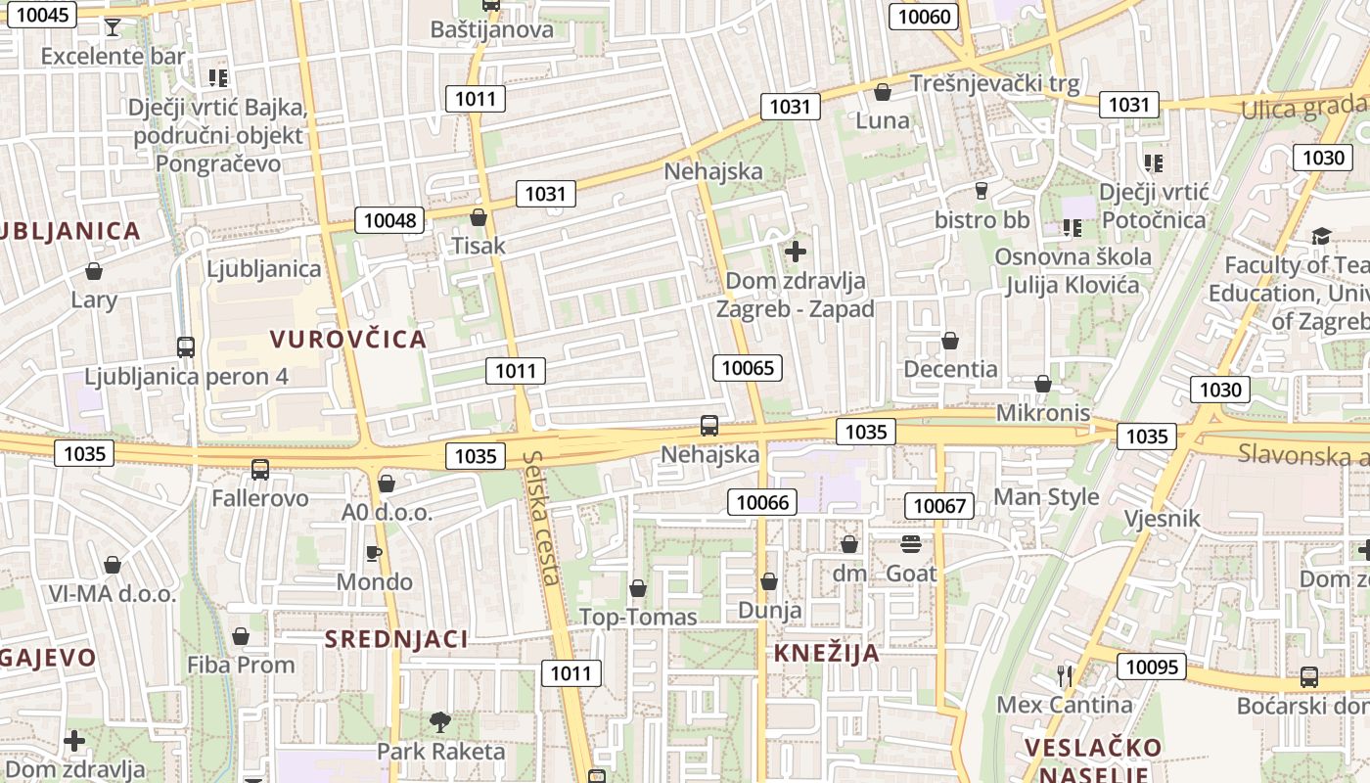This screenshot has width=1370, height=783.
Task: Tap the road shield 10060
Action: click(924, 16)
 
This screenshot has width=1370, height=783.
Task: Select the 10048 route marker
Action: click(389, 220)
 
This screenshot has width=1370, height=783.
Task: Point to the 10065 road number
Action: click(749, 368)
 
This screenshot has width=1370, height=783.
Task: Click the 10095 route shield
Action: click(1152, 667)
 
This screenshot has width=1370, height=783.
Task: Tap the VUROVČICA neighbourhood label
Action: click(348, 340)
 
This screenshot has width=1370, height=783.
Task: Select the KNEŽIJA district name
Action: click(827, 654)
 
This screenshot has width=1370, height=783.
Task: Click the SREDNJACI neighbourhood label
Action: click(396, 640)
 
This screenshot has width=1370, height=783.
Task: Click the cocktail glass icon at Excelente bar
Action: click(113, 26)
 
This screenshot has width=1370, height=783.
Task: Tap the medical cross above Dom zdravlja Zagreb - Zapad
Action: click(796, 252)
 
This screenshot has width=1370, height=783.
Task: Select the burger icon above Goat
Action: click(911, 543)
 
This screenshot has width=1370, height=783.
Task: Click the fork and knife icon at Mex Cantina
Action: click(1065, 675)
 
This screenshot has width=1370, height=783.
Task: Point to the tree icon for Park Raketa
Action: click(440, 722)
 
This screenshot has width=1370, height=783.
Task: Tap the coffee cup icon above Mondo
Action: click(374, 553)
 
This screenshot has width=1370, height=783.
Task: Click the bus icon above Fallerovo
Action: click(260, 469)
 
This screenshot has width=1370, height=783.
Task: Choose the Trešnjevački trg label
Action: click(995, 84)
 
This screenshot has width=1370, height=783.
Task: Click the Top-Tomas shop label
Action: click(638, 617)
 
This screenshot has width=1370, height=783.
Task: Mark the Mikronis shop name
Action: click(1043, 413)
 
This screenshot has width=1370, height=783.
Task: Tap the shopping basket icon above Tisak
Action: click(479, 216)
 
